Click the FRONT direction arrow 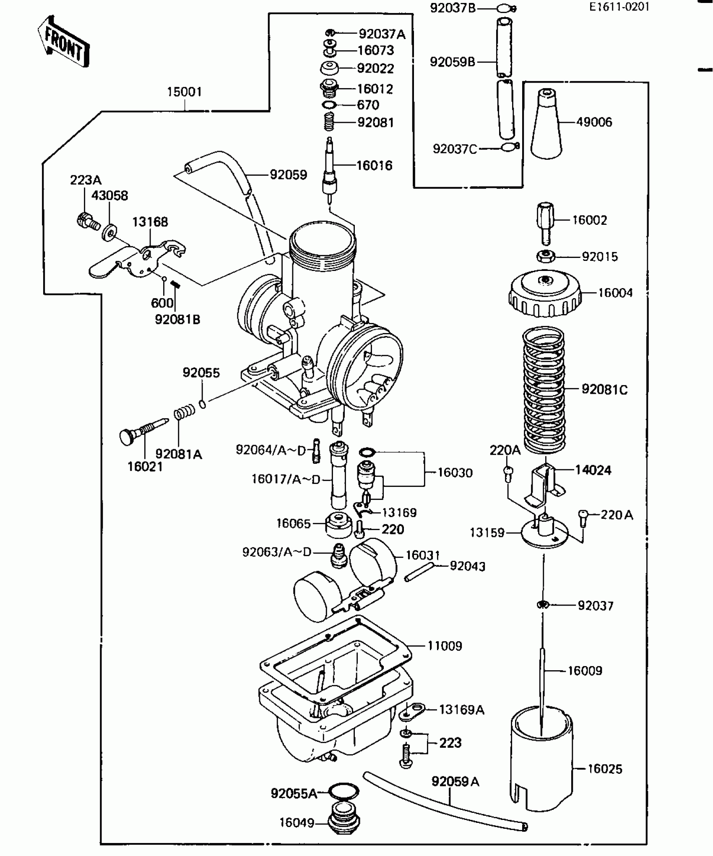(x=64, y=42)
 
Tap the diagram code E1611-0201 (x=619, y=7)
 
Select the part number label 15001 (x=184, y=92)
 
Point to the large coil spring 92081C (x=544, y=390)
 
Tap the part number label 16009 (x=585, y=671)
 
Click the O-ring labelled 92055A (x=343, y=792)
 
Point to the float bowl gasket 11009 (x=336, y=658)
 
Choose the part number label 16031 (x=422, y=555)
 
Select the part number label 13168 (x=150, y=222)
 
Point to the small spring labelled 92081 (x=330, y=122)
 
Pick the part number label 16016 (x=374, y=166)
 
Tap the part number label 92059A (x=455, y=782)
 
